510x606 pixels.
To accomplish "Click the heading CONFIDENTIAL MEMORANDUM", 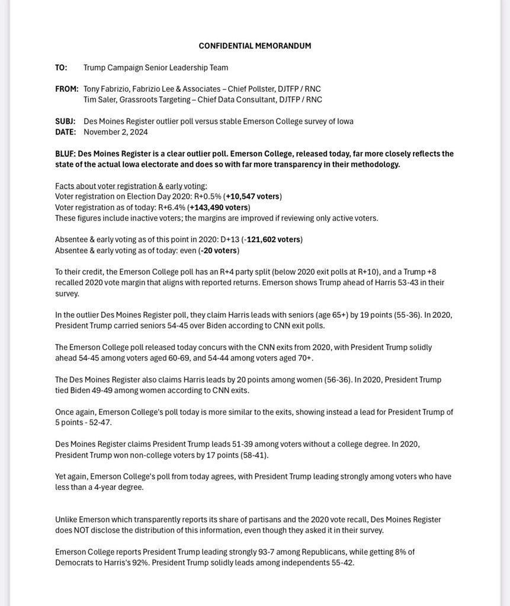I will pos(255,46).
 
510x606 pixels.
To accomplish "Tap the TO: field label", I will pos(61,67).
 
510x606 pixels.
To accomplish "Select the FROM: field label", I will pos(66,89).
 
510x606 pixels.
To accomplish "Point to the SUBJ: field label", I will pos(65,121).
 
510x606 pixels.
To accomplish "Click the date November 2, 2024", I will pos(116,132).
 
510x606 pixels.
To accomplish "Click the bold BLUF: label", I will pos(65,154).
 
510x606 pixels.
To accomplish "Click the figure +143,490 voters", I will pos(219,207).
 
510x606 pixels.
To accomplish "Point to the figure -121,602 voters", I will pos(273,240).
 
